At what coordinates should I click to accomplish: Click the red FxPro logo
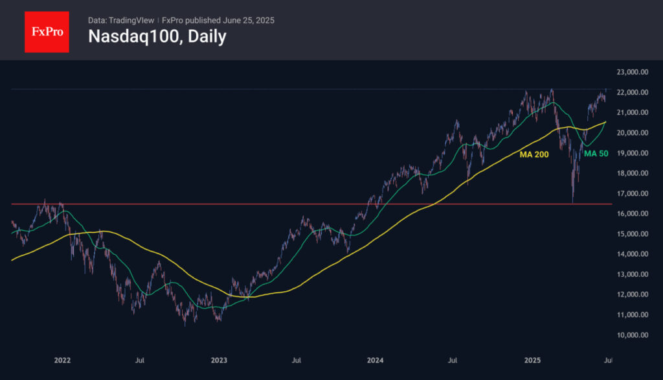[47, 30]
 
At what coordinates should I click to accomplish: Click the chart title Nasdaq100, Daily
[157, 36]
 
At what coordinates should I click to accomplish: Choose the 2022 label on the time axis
[62, 360]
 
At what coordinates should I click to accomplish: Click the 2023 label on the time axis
[219, 360]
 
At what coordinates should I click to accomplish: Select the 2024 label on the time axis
[375, 360]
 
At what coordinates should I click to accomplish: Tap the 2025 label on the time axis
[532, 360]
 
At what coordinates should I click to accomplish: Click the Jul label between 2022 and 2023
[139, 360]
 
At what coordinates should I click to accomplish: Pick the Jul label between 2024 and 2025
[453, 360]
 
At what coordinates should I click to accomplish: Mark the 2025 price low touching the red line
[572, 202]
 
